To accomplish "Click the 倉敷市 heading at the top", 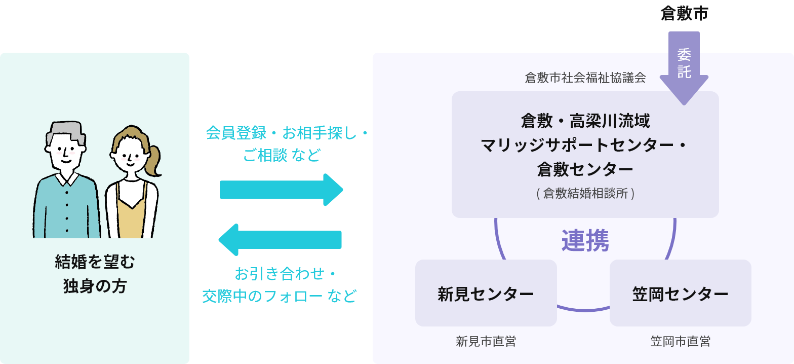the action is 684,14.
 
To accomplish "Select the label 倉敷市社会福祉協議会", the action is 585,78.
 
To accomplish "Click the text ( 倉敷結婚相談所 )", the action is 585,193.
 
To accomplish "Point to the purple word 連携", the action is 585,241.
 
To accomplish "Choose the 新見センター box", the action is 486,293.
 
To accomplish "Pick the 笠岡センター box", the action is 680,293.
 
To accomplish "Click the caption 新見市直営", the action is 486,341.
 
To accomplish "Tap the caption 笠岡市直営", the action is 680,341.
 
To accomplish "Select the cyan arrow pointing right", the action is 281,190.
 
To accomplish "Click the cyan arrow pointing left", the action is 280,240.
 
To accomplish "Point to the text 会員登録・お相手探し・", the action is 287,133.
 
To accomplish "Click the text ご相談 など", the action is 282,156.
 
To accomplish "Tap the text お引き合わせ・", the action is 286,274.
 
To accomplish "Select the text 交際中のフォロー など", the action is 280,296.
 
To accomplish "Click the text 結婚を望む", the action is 95,262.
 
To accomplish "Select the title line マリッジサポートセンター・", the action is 583,145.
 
